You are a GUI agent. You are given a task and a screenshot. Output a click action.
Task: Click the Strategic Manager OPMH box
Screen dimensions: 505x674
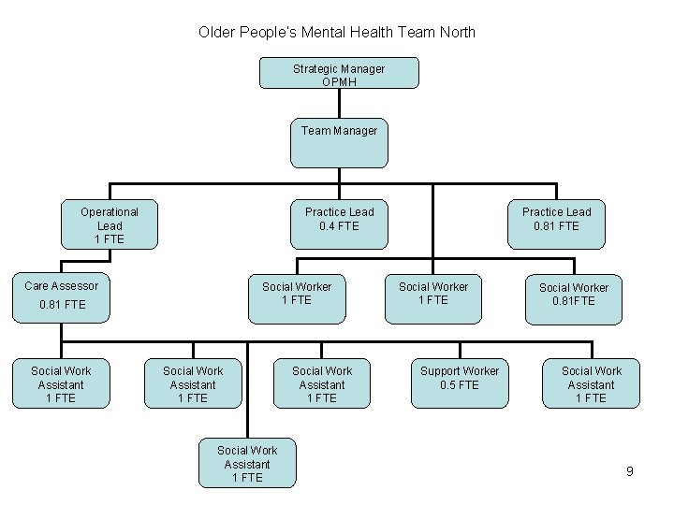[339, 73]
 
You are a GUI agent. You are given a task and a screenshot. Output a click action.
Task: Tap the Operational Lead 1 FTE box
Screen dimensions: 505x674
[109, 225]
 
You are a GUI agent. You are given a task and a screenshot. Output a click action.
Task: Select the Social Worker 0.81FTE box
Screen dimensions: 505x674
[573, 296]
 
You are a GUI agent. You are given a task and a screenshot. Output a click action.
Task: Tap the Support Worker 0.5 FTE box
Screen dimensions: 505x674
[460, 383]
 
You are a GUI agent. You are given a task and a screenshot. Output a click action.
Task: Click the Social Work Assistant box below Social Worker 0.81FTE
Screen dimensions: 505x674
[591, 383]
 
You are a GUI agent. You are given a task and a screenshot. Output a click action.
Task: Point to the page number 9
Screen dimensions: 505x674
[630, 471]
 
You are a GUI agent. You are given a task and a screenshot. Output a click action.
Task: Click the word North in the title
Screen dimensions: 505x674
[455, 33]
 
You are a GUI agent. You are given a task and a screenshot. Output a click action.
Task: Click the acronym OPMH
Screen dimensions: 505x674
[339, 81]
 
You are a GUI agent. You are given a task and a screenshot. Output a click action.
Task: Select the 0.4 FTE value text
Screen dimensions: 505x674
[339, 225]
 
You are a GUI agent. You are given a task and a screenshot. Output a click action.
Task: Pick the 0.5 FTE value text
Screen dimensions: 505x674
[460, 385]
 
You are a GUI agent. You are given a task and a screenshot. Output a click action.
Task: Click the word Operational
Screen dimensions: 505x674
[110, 212]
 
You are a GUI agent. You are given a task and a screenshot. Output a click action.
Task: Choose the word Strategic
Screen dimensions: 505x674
[315, 68]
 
